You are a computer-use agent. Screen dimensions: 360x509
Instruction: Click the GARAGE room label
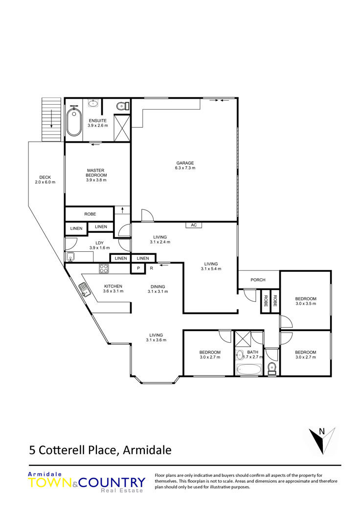[185, 163]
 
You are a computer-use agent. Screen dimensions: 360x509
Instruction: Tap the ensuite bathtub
[74, 122]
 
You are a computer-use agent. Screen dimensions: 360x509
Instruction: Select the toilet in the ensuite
[123, 106]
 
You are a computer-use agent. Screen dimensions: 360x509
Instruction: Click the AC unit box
[194, 225]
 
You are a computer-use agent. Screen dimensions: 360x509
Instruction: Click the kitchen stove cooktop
[104, 268]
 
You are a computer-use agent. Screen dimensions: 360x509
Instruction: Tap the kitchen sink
[85, 290]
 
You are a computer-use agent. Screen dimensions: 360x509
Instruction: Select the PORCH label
[258, 280]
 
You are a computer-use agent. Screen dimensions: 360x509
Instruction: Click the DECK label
[45, 177]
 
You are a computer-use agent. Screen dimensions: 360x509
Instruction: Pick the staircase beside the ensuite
[51, 119]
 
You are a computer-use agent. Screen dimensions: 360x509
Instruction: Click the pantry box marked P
[138, 268]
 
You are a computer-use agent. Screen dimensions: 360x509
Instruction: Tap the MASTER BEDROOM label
[96, 173]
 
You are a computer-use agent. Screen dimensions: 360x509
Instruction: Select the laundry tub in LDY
[70, 257]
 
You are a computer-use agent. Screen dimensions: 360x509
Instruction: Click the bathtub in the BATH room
[249, 370]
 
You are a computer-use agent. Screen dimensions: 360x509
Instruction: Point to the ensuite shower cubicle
[122, 128]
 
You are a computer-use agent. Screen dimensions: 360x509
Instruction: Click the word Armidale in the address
[147, 450]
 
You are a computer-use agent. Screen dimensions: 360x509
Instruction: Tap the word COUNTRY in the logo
[112, 483]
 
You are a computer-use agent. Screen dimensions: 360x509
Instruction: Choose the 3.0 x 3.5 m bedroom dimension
[306, 304]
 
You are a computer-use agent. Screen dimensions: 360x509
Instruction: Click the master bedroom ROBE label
[90, 214]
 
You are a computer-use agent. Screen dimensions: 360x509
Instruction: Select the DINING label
[158, 287]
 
